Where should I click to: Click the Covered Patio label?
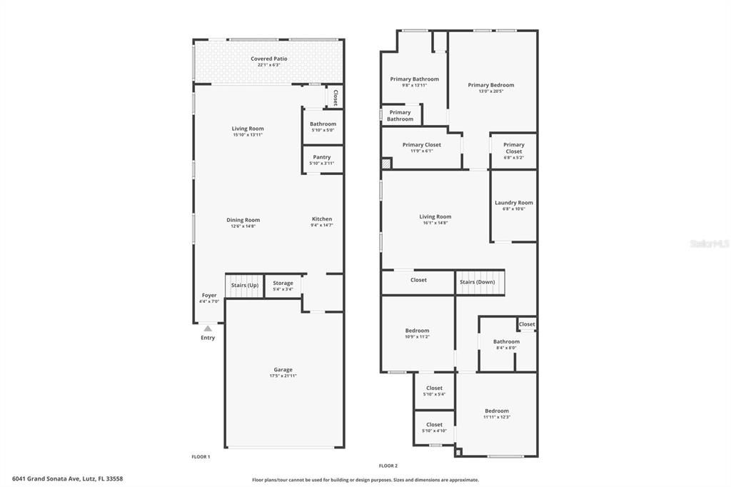click(x=264, y=59)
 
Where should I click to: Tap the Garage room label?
click(x=283, y=370)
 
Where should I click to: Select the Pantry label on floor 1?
click(x=321, y=157)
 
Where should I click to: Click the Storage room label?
click(x=283, y=283)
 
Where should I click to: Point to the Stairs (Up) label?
click(x=245, y=286)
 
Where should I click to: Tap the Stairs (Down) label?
click(x=477, y=281)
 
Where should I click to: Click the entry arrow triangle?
click(x=208, y=328)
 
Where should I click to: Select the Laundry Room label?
click(x=513, y=203)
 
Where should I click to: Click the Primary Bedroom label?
click(x=491, y=85)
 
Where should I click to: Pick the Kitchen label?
click(x=322, y=219)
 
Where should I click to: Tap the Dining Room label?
click(x=243, y=220)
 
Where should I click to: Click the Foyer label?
click(x=209, y=295)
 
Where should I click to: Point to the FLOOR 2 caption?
click(x=388, y=466)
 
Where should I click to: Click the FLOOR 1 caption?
click(x=201, y=456)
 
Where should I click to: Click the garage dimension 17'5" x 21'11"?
click(x=283, y=376)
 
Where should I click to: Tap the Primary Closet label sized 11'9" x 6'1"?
click(x=421, y=145)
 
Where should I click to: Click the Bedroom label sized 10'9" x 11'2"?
click(x=417, y=331)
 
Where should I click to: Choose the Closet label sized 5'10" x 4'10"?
click(x=434, y=425)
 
